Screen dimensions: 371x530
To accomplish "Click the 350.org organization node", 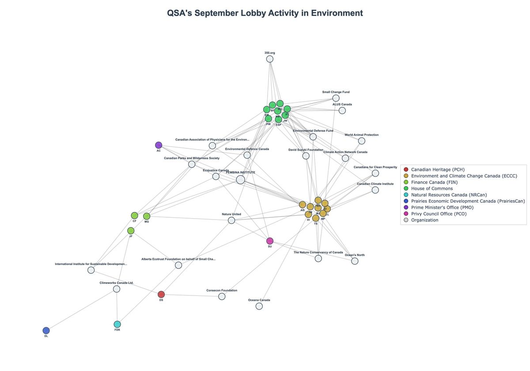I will pos(270,59).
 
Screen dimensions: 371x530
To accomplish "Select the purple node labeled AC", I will pos(159,145).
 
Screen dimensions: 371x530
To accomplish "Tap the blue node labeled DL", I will pos(46,330).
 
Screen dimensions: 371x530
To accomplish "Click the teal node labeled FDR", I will pos(117,324).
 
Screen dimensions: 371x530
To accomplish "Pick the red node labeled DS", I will pos(161,295).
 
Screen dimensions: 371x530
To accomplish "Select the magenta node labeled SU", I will pos(270,241).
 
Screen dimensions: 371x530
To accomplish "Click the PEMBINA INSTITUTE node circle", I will pos(240,179).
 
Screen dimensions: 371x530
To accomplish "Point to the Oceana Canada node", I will pos(259,306).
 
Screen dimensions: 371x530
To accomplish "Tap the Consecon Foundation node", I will pos(222,296).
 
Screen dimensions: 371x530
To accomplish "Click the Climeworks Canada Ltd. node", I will pos(117,289).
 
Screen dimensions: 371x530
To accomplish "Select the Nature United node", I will pos(231,220).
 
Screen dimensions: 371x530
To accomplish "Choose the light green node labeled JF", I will pos(131,231).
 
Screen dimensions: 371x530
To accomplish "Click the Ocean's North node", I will pos(355,261).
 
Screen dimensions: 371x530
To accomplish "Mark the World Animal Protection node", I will pos(362,141).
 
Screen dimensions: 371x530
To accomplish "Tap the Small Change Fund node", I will pos(336,98).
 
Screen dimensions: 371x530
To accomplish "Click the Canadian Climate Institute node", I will pos(375,190).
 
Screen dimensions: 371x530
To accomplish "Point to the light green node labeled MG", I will pos(147,216).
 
